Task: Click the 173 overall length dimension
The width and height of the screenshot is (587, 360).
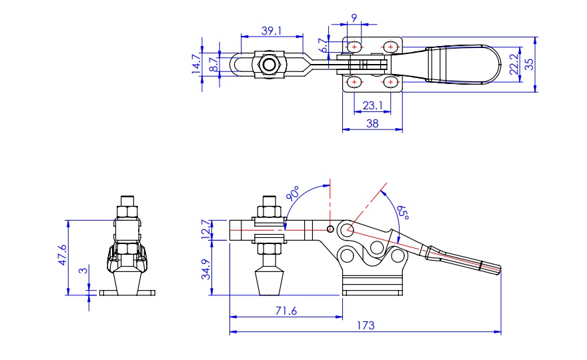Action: (x=365, y=325)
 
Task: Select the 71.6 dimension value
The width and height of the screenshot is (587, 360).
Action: (x=285, y=310)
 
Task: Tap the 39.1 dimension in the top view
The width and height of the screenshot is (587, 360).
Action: (x=271, y=31)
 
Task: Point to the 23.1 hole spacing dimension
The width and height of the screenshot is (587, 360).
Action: (x=372, y=105)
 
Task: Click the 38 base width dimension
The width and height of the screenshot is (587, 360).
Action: (x=372, y=123)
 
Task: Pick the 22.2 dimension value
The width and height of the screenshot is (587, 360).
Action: (x=514, y=64)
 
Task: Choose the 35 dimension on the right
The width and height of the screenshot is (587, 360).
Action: (x=529, y=64)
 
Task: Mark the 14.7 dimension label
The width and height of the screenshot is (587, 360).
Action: (x=197, y=64)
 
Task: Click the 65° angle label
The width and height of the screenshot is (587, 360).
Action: (x=402, y=215)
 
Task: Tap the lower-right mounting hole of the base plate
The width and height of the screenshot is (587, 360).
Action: (x=392, y=83)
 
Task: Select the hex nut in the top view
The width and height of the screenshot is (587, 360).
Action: (x=269, y=65)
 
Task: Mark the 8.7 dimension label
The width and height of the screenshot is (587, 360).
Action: (x=213, y=64)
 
